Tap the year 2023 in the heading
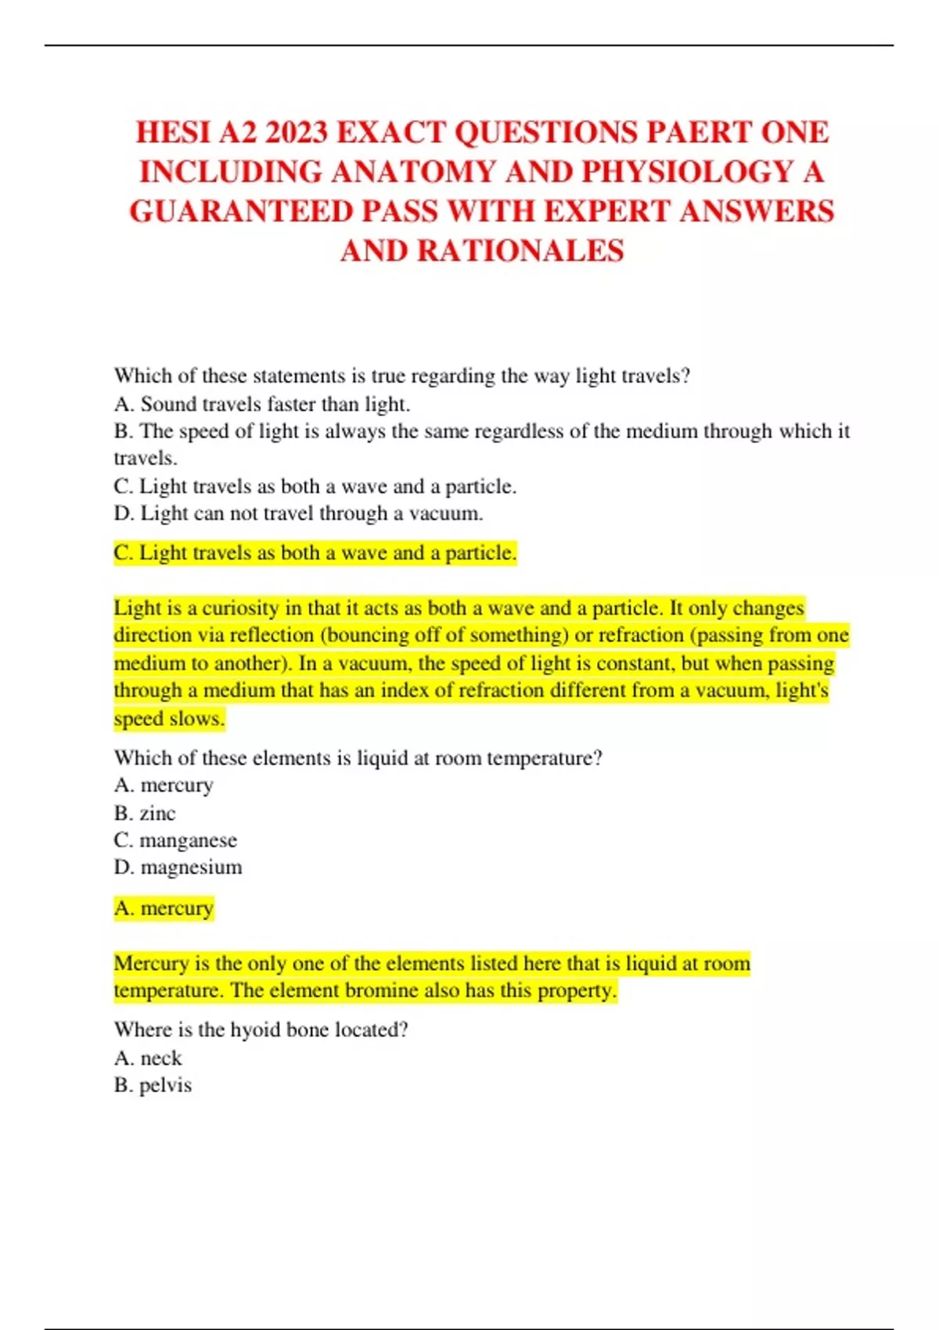tap(296, 132)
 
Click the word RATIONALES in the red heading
tap(520, 251)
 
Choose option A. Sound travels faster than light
tap(262, 404)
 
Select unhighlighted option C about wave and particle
tap(315, 486)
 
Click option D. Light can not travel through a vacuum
tap(298, 513)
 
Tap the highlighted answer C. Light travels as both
tap(315, 553)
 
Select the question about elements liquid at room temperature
tap(358, 757)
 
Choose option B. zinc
tap(145, 813)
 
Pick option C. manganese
tap(175, 840)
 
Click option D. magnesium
tap(178, 867)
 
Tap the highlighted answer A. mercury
tap(164, 908)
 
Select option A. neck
tap(148, 1058)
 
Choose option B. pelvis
tap(153, 1085)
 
